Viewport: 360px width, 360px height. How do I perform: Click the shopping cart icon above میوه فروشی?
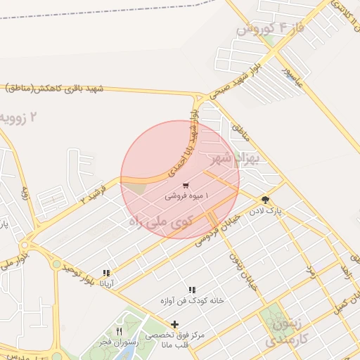click(186, 186)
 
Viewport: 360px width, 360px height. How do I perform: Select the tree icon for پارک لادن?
click(264, 200)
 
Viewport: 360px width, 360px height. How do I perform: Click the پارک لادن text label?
click(267, 210)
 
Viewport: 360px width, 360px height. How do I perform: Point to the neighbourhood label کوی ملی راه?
click(161, 221)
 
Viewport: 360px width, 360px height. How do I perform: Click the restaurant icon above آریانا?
click(107, 273)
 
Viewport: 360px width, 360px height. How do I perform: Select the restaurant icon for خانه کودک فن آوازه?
click(191, 290)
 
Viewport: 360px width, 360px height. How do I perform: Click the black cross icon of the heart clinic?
click(174, 324)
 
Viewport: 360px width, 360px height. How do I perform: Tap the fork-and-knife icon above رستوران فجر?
click(119, 331)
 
